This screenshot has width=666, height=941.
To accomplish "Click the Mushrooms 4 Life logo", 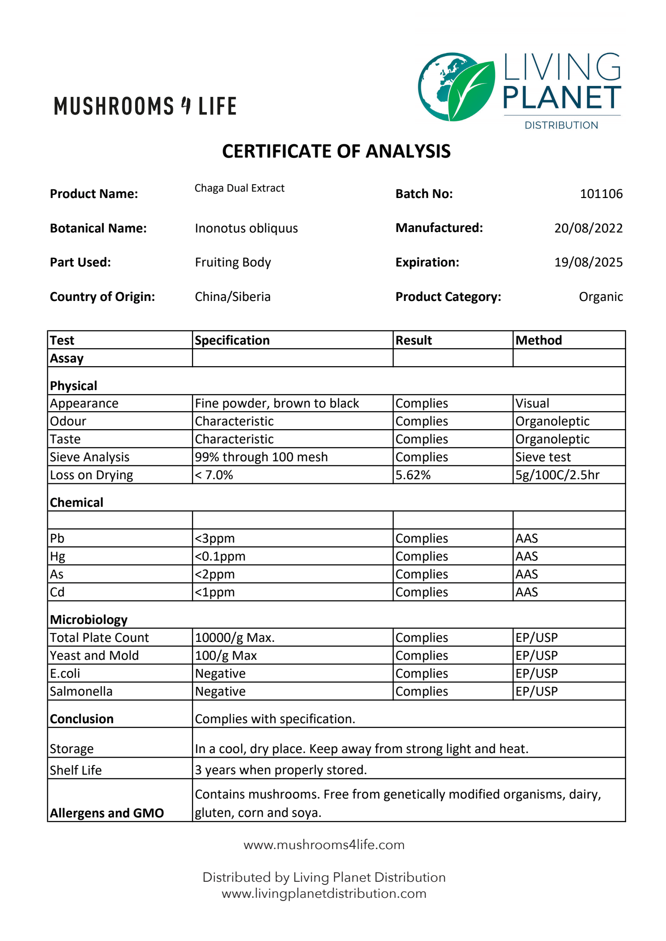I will (x=145, y=106).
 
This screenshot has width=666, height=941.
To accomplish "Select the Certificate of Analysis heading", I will (x=336, y=151).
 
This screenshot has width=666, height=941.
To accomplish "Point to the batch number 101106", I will (x=601, y=194).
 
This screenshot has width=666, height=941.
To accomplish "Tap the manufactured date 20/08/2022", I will (x=588, y=228).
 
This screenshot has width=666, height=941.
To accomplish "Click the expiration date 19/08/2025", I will (x=588, y=262).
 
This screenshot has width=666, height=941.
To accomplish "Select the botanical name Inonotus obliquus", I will (x=246, y=228).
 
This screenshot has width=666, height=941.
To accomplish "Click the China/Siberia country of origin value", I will (x=233, y=297).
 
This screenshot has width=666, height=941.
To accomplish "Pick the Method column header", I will (x=538, y=340).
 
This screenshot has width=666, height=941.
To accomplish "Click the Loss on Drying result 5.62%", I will (x=413, y=475).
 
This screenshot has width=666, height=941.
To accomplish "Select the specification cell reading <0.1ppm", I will (x=220, y=556).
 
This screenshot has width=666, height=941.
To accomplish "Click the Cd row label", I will (x=57, y=592).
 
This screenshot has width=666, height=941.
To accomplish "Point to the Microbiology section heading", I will (x=89, y=620).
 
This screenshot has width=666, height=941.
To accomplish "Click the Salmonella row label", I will (x=81, y=692).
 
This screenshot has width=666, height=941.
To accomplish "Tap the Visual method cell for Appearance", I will (x=532, y=403).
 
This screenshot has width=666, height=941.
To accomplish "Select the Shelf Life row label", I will (x=75, y=770).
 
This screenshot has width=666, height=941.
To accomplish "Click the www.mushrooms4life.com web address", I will (x=324, y=845).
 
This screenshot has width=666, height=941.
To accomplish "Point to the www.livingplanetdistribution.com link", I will (x=324, y=894).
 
